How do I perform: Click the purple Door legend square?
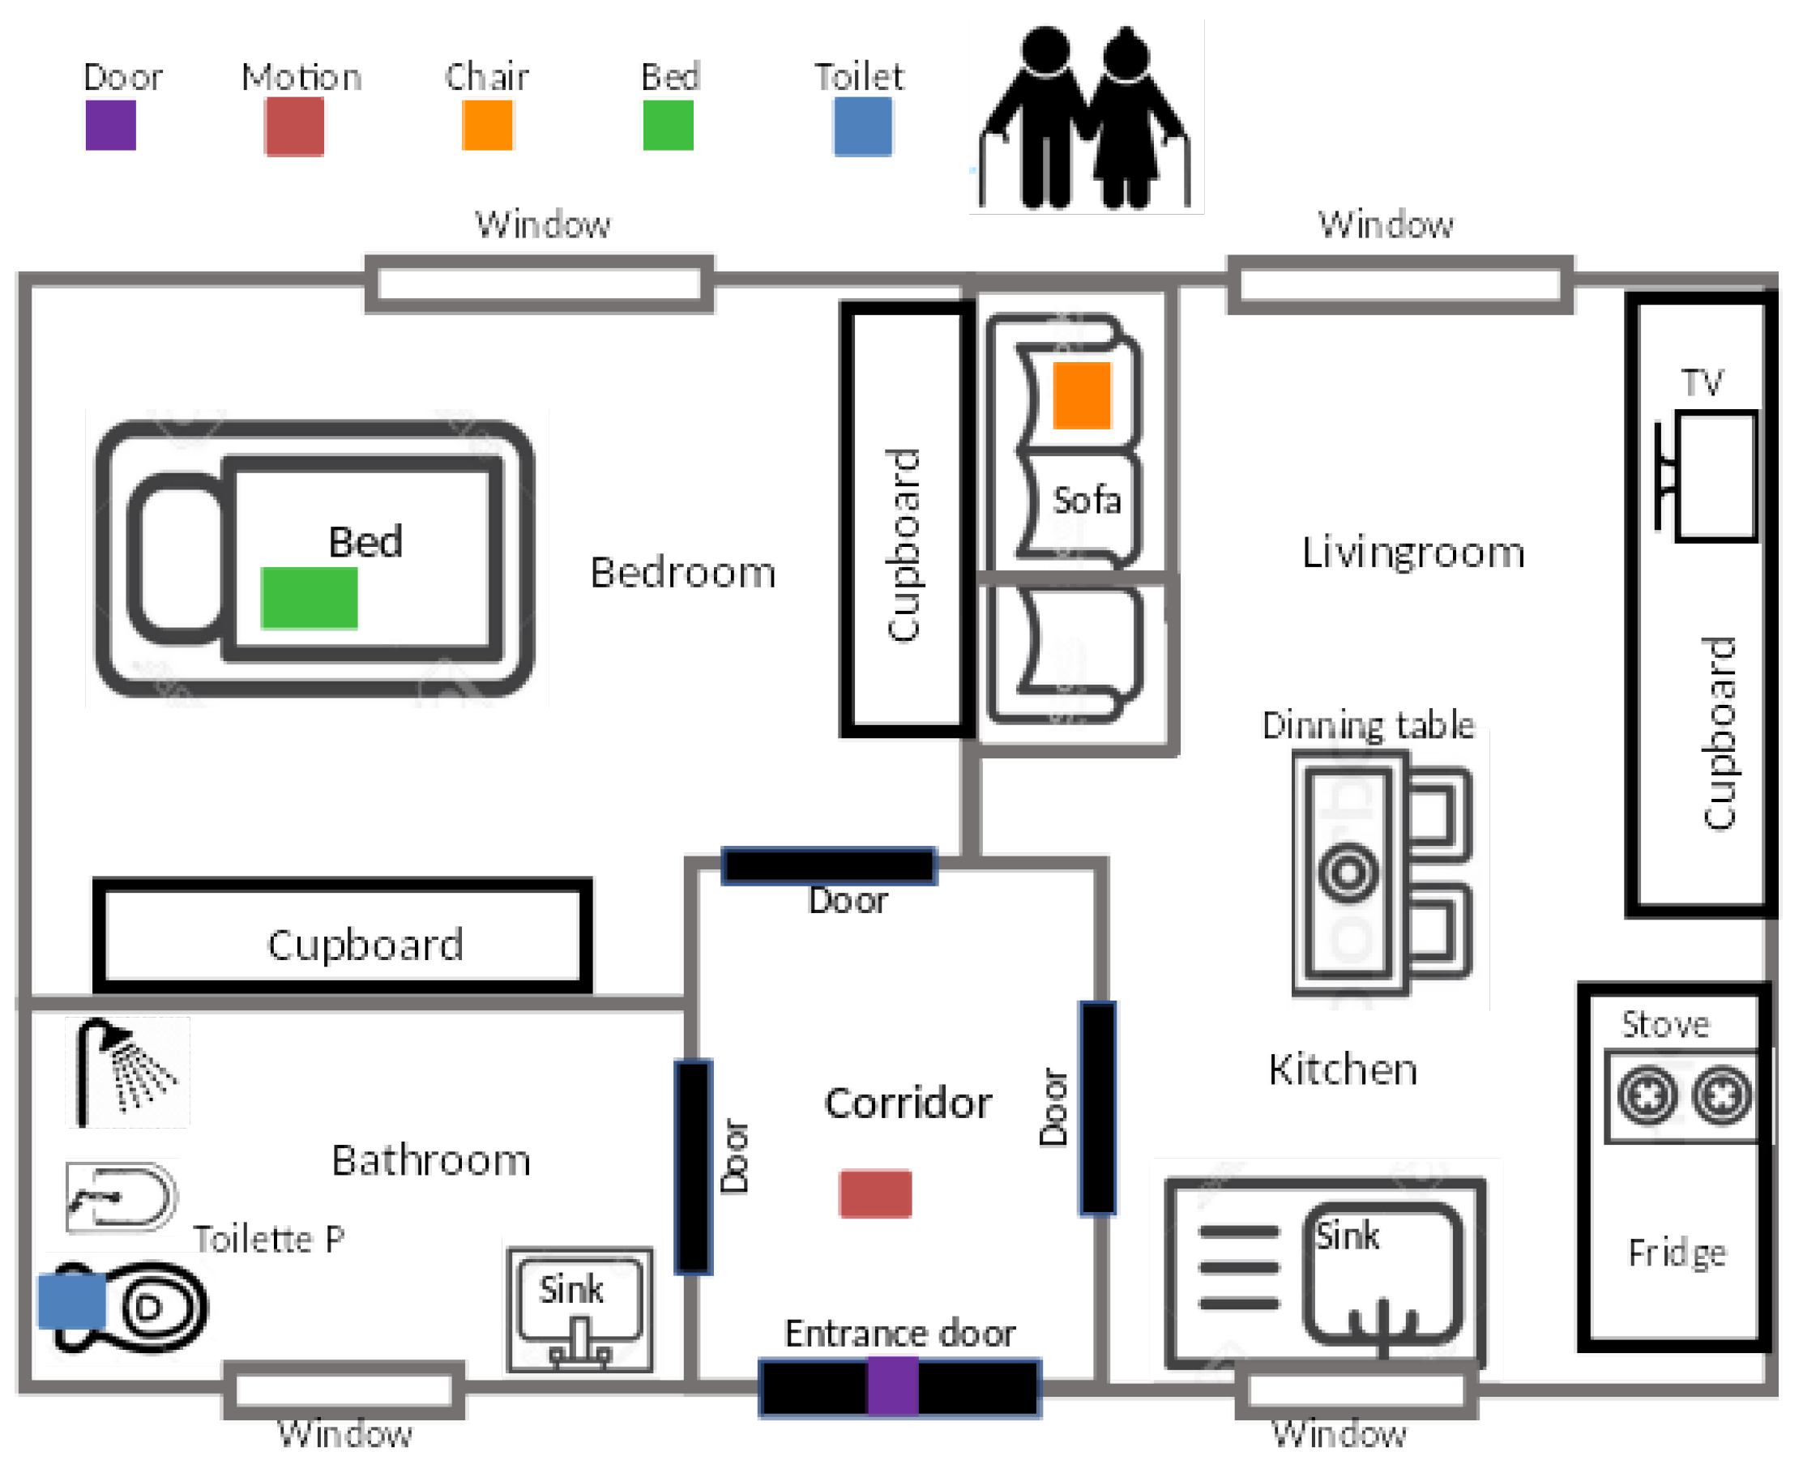point(111,126)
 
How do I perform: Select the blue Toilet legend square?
point(863,126)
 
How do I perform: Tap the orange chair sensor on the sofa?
point(1082,395)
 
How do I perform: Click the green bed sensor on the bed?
point(309,598)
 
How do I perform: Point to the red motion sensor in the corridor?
point(875,1193)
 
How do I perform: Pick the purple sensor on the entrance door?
point(892,1389)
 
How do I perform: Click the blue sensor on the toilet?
point(72,1301)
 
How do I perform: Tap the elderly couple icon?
point(1086,117)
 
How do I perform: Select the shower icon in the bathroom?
point(127,1071)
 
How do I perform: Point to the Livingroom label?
point(1412,553)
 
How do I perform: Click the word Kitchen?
point(1343,1069)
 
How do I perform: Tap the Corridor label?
point(908,1103)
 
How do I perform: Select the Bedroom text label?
point(683,573)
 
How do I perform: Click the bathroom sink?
point(580,1310)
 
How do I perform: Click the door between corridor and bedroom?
point(829,865)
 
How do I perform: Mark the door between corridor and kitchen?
point(1098,1108)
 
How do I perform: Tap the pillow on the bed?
point(177,558)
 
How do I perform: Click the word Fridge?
point(1677,1254)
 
